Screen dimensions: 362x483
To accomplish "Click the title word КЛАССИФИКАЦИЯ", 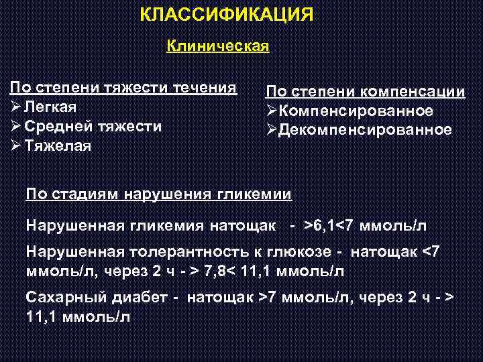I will point(227,15).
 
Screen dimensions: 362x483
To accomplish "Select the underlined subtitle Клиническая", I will point(217,46).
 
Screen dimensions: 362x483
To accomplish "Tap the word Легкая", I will point(50,107).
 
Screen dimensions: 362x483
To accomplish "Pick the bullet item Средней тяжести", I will point(93,126).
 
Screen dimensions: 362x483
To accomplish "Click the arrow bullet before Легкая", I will point(15,107).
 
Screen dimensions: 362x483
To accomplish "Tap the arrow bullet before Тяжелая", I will point(15,145).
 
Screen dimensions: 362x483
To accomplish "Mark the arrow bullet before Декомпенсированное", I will point(272,129).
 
